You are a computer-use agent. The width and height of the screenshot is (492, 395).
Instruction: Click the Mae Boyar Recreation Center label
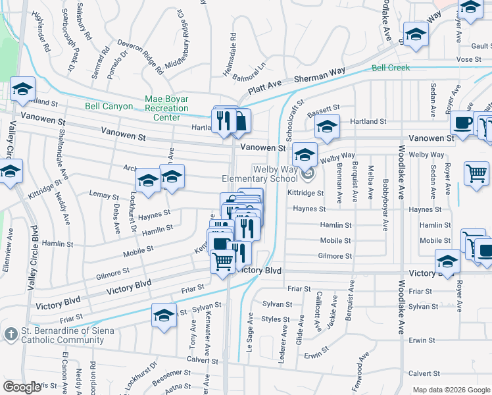pos(166,108)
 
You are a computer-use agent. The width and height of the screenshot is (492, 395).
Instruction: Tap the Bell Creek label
pos(391,68)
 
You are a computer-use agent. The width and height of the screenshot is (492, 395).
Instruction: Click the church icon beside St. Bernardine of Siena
pos(11,334)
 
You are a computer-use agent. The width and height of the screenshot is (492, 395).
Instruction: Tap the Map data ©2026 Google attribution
pos(451,390)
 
